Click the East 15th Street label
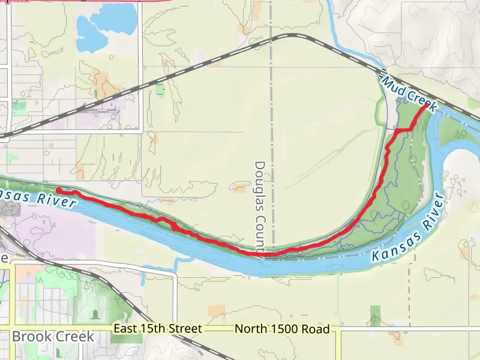coord(157,329)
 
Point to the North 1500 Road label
coord(282,329)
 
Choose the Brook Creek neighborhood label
coord(53,336)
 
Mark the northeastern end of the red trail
coord(428,106)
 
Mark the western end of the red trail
coord(59,190)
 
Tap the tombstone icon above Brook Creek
coord(94,314)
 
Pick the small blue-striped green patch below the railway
coord(160,89)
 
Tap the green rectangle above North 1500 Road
coord(376,314)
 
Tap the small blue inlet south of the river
coord(176,263)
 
